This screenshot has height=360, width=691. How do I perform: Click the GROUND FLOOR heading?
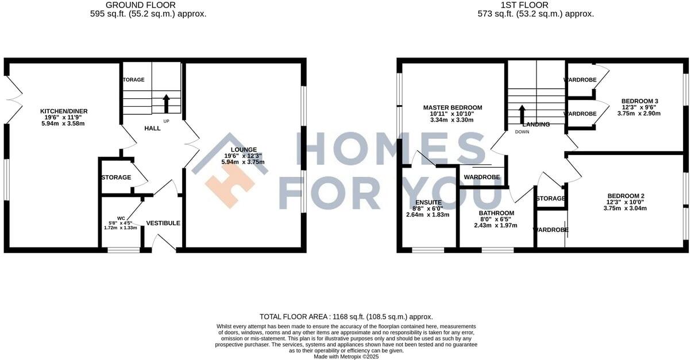(148, 5)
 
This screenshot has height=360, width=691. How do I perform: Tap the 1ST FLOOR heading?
(536, 5)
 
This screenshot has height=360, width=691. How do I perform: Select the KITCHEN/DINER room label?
(64, 111)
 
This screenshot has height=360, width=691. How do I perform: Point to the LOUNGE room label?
(244, 150)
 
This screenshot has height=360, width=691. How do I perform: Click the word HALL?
(152, 128)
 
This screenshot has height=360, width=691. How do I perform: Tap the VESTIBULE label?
(163, 223)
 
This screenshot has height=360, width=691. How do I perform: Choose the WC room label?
(121, 218)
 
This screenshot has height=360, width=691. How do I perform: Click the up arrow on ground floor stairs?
(167, 103)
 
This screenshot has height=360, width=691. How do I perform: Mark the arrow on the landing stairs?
(522, 113)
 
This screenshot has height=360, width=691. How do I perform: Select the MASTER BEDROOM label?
(453, 107)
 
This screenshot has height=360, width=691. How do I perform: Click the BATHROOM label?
(496, 213)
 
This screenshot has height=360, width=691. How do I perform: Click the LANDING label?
(536, 125)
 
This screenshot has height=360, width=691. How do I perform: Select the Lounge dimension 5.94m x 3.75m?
(243, 162)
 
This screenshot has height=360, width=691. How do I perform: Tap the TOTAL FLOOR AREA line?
(346, 316)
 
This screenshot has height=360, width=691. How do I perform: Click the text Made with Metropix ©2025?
(346, 356)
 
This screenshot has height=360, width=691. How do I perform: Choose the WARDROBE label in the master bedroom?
(481, 177)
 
